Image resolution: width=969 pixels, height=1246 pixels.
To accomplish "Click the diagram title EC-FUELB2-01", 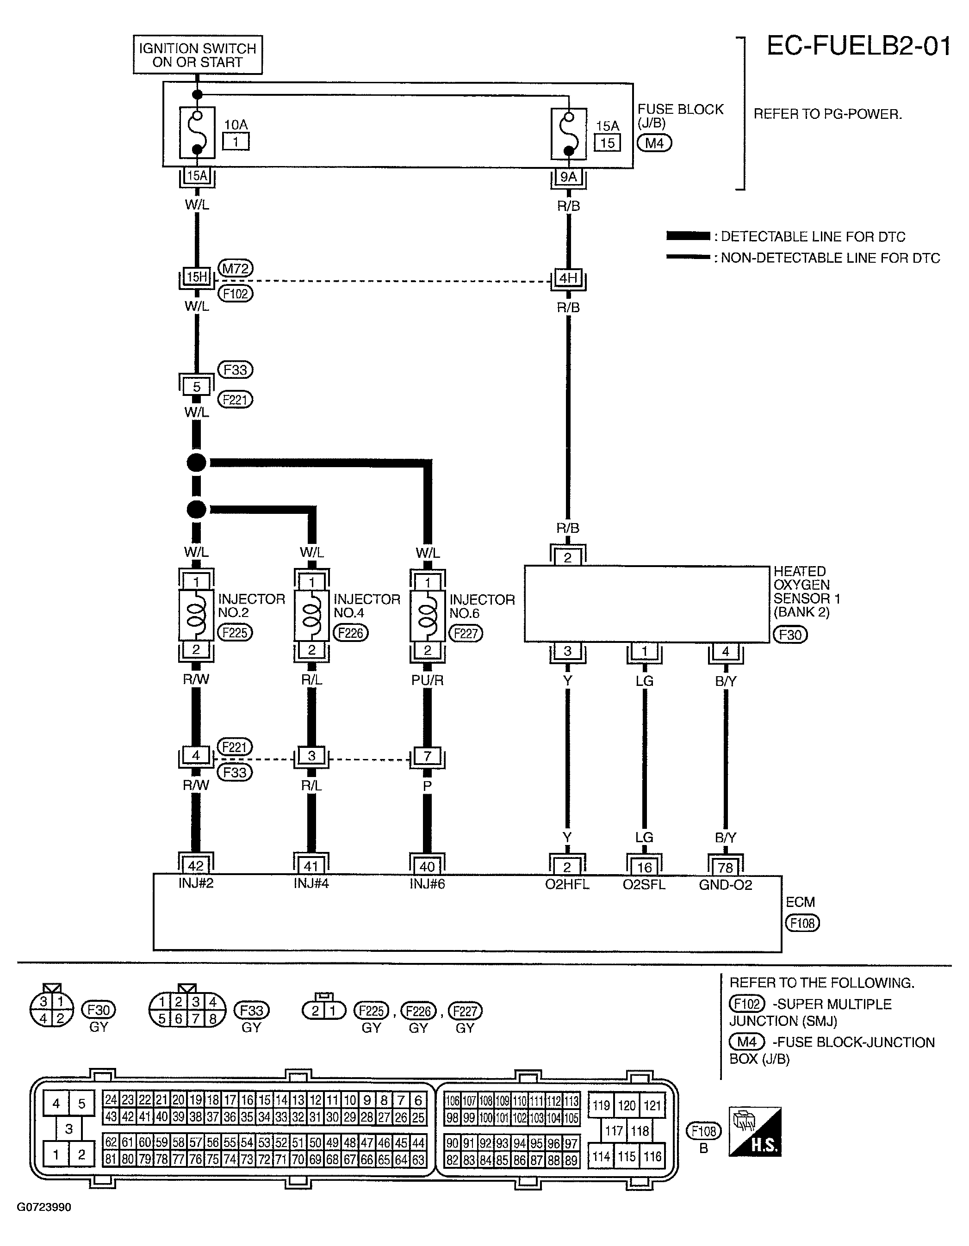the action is (859, 46).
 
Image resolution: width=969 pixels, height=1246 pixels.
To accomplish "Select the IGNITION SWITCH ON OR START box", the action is (198, 55).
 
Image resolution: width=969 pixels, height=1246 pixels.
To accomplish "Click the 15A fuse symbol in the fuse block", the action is (568, 134).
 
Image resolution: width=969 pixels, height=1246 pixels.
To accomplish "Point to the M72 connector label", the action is (236, 268).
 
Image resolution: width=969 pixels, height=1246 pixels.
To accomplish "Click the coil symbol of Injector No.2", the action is (196, 615).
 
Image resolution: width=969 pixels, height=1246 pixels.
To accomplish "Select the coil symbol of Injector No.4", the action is (311, 616).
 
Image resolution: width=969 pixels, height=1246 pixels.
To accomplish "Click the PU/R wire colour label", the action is (428, 680).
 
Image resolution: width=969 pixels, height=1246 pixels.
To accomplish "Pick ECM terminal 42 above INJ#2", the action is (196, 866).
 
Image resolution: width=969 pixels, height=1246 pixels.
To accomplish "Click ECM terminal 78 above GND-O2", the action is (725, 868).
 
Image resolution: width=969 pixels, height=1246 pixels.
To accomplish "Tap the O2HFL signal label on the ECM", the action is (567, 885).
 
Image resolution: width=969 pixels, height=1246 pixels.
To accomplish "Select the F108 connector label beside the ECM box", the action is (802, 923).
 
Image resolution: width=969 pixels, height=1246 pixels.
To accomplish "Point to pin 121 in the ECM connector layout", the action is (652, 1106).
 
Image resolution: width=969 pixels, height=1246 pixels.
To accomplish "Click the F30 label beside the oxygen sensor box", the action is (790, 635).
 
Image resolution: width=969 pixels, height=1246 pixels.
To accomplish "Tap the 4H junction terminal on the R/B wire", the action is (568, 278).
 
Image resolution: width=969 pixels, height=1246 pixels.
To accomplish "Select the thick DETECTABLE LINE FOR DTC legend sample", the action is (688, 235).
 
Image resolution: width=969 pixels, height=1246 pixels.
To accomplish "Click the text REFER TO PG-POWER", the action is (828, 114).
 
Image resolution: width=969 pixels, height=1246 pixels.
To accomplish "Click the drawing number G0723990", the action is (44, 1207).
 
